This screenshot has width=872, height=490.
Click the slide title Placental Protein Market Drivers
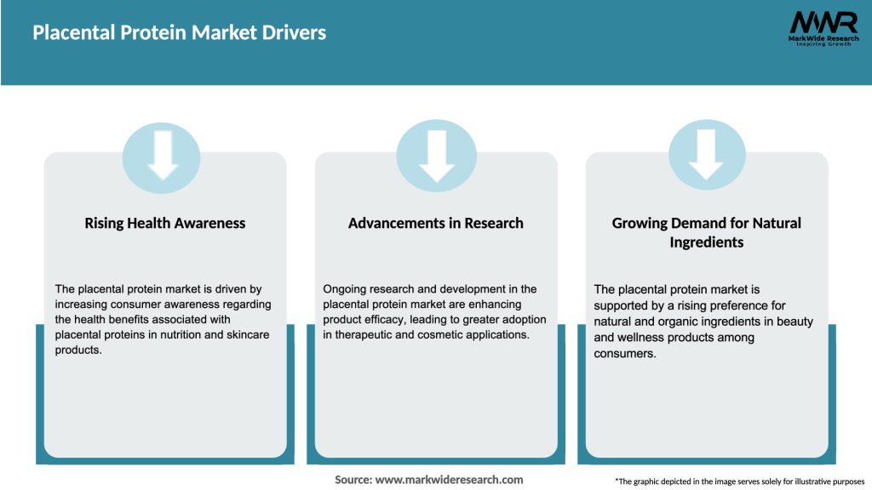pos(179,33)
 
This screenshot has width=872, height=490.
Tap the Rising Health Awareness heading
pos(164,223)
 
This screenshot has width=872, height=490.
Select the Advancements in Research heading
pos(435,223)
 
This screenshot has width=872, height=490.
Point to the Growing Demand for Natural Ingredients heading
pos(706,232)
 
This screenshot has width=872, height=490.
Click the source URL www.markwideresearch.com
pos(450,480)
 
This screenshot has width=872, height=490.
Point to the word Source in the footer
pos(353,480)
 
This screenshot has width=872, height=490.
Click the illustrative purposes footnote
pos(739,481)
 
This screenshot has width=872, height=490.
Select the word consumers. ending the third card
pos(625,353)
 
